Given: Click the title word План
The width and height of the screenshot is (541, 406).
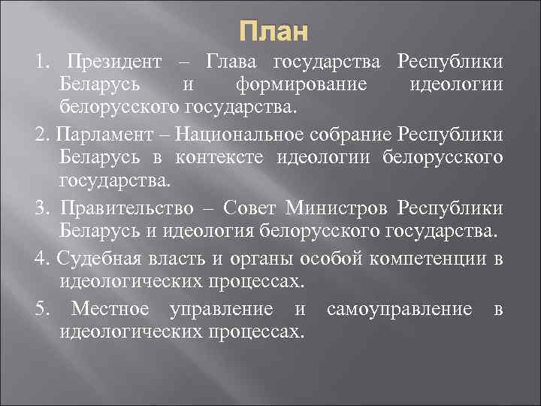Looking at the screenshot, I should coord(274,32).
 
